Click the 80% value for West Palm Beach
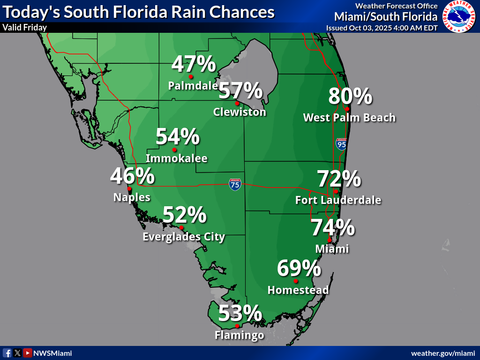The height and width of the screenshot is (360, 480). click(x=350, y=96)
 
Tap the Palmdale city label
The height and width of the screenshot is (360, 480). click(x=193, y=86)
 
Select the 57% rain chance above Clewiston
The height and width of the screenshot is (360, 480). click(x=240, y=90)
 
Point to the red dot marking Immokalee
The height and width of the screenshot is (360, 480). click(x=174, y=150)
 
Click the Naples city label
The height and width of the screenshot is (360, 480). click(x=132, y=197)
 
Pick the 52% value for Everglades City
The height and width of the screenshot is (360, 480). click(x=184, y=215)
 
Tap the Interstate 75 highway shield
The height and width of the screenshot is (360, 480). click(x=235, y=184)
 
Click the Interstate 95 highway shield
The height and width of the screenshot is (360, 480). click(x=341, y=144)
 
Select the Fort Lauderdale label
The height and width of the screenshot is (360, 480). click(x=338, y=200)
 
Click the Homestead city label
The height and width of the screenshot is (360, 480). click(x=298, y=290)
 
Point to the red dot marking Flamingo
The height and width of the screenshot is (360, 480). click(x=237, y=326)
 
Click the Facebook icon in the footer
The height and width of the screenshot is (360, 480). click(x=7, y=353)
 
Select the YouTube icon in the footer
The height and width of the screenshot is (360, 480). click(x=28, y=353)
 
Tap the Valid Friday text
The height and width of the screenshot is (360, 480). click(x=24, y=28)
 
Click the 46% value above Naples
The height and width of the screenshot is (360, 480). click(x=132, y=176)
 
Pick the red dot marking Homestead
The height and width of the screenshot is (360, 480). click(x=296, y=281)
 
